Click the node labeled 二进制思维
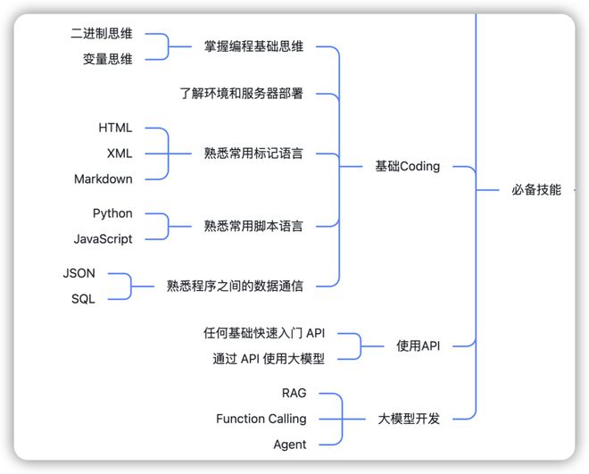pos(102,34)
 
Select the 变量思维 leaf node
pos(102,59)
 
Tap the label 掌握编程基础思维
pos(253,46)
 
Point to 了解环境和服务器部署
pos(241,92)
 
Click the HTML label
pos(115,129)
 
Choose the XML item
pos(119,154)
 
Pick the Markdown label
pos(104,179)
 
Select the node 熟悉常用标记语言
pos(253,154)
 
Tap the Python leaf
pos(112,213)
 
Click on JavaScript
pos(104,238)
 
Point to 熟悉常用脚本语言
pos(253,226)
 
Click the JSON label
pos(79,273)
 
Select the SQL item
pos(83,299)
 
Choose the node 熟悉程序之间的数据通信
pos(235,286)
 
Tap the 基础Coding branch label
pos(408,166)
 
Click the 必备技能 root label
pos(536,189)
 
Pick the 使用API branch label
pos(419,345)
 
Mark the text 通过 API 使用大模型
pos(269,359)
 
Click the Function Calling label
pos(261,419)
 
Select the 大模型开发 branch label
pos(409,418)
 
